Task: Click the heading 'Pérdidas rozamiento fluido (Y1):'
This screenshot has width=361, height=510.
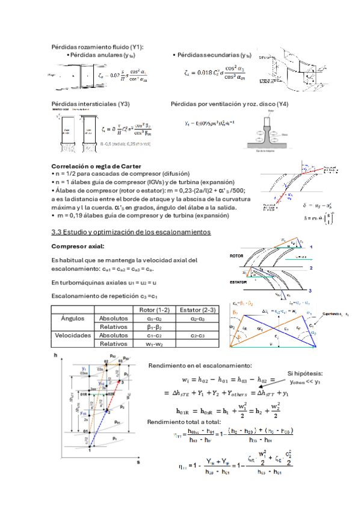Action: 97,47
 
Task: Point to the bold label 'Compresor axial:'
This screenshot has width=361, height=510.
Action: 78,246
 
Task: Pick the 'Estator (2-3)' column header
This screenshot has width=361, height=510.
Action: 196,309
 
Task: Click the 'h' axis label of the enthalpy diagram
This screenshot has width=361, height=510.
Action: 55,357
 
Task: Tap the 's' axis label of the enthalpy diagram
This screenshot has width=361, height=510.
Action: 138,464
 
